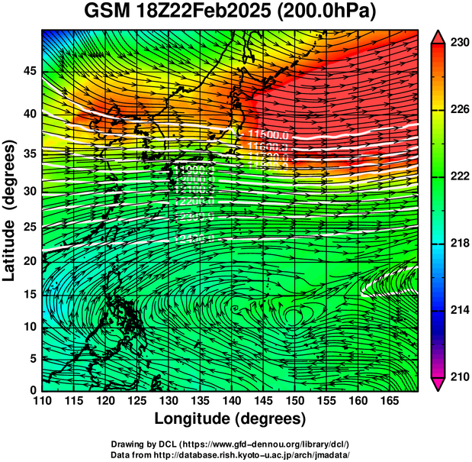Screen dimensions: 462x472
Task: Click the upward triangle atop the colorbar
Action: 438,36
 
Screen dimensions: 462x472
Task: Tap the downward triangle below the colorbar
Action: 438,384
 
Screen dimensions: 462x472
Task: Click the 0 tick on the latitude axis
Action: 31,389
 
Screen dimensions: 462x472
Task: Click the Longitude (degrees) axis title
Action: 230,418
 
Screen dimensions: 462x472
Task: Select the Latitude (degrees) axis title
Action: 11,210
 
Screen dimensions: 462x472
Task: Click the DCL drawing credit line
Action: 230,444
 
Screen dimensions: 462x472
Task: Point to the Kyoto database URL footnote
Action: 230,454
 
